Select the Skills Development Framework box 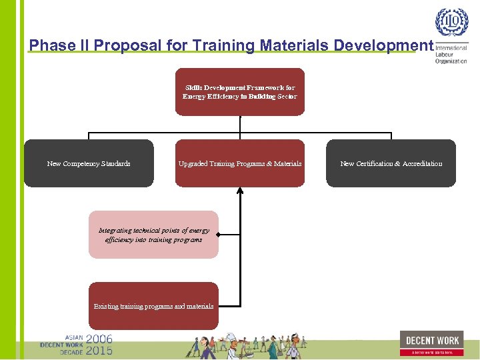pos(240,92)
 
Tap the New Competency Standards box pos(89,163)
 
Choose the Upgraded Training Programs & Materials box pos(240,163)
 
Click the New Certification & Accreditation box pos(391,163)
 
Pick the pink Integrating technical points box pos(153,235)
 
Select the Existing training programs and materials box pos(153,306)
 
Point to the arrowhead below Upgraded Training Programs pos(240,191)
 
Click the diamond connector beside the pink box pos(219,235)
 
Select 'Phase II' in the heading pos(60,45)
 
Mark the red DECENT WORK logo pos(431,343)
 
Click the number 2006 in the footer pos(99,339)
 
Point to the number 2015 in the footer pos(99,350)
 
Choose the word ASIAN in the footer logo pos(74,337)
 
